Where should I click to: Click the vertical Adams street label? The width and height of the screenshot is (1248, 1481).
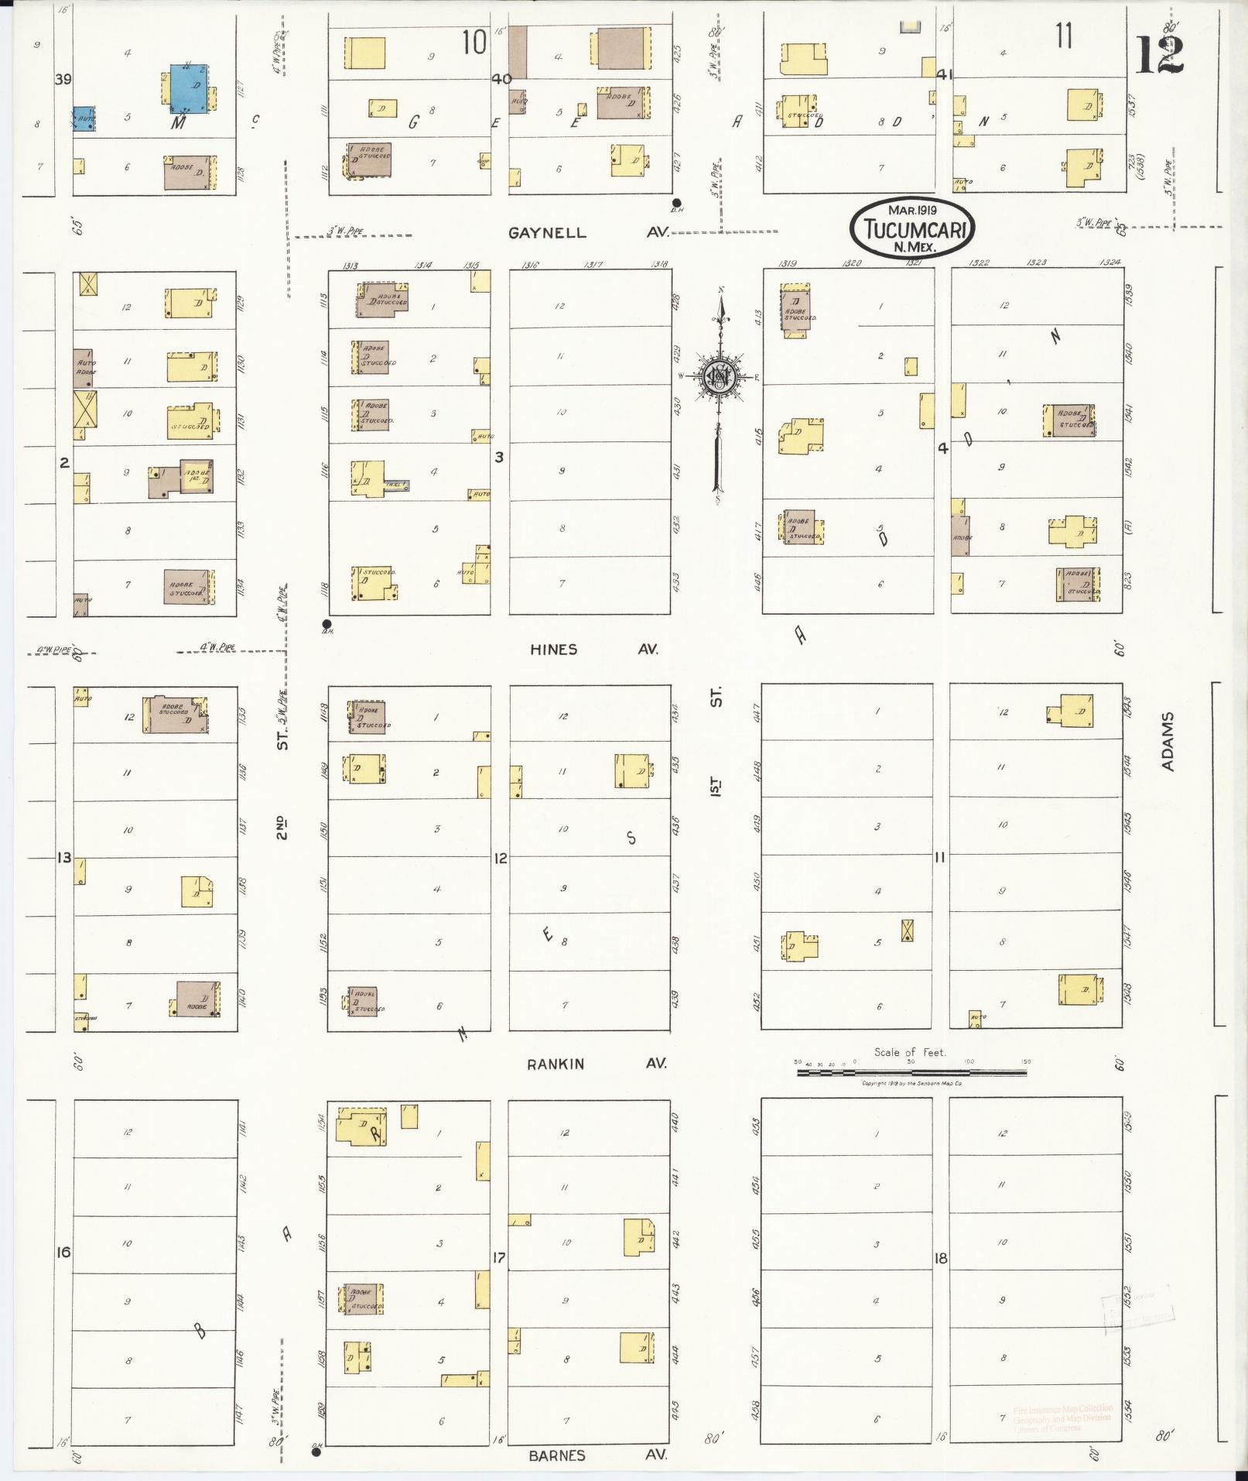click(1168, 741)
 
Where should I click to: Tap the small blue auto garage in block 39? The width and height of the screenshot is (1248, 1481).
click(84, 118)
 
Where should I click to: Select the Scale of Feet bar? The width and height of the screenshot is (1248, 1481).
click(911, 1073)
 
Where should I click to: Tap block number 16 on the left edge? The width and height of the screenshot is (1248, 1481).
click(64, 1252)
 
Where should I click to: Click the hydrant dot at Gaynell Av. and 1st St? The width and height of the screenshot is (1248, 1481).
click(676, 203)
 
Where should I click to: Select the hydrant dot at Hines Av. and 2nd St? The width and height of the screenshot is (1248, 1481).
click(327, 623)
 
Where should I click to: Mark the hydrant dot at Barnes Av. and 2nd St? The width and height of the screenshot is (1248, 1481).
click(316, 1453)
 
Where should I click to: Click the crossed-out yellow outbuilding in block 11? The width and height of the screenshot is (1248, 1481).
click(906, 930)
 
